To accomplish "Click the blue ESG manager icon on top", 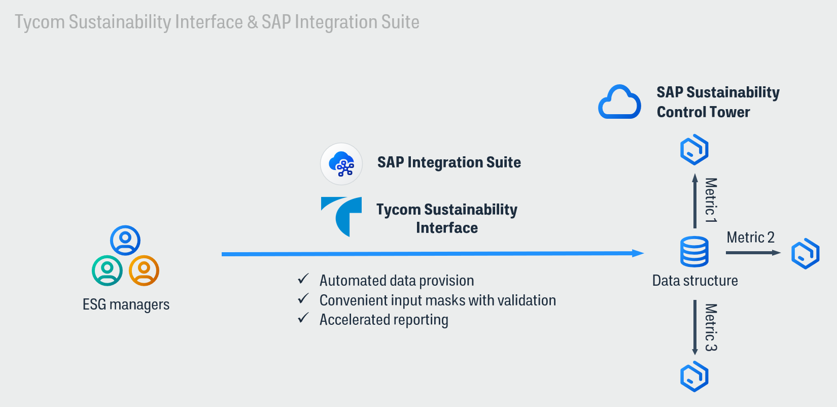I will pos(125,240).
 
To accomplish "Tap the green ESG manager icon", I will pos(107,270).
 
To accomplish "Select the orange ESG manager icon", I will pos(144,270).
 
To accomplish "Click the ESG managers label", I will pos(126,304).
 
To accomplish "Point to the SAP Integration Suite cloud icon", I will pos(341,164).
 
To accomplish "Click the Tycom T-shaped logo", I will pos(342,216).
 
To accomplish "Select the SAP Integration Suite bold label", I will pos(449,162).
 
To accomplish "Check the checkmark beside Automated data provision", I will pos(303,279).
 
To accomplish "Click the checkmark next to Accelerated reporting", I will pos(303,318).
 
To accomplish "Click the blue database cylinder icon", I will pos(694,252).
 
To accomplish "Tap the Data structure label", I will pos(695,281).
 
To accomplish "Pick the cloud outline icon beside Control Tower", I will pos(619,103).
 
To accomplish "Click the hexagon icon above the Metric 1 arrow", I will pos(694,150).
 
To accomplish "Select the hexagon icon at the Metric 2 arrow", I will pos(805,253).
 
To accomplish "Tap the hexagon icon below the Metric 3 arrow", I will pos(694,377).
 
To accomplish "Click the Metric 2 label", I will pos(750,238).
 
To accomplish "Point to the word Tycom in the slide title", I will pos(40,22).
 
